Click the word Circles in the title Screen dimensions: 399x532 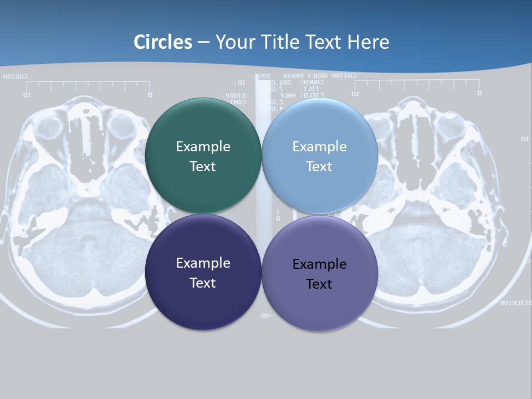pyautogui.click(x=163, y=42)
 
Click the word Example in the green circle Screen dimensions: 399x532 pyautogui.click(x=203, y=147)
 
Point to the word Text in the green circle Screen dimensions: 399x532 pyautogui.click(x=203, y=166)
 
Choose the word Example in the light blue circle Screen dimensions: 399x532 pyautogui.click(x=319, y=147)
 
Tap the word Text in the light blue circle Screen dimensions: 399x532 pyautogui.click(x=319, y=166)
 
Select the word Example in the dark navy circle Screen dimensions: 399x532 pyautogui.click(x=203, y=263)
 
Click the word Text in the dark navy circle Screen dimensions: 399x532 pyautogui.click(x=203, y=283)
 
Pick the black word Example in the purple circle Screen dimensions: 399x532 pyautogui.click(x=319, y=264)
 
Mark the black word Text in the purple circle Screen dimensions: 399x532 pyautogui.click(x=319, y=284)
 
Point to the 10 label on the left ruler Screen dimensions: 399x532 pyautogui.click(x=26, y=95)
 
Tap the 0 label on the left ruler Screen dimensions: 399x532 pyautogui.click(x=150, y=95)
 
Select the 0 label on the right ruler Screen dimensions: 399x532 pyautogui.click(x=479, y=93)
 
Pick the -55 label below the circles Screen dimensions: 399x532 pyautogui.click(x=264, y=315)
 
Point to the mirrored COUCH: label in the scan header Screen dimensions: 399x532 pyautogui.click(x=308, y=82)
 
